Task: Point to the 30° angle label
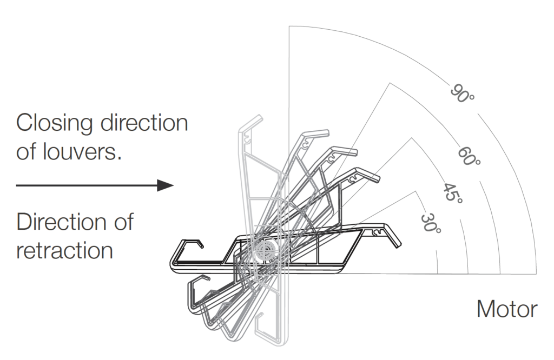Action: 431,223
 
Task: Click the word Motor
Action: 507,309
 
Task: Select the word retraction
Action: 64,250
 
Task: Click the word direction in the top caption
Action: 143,123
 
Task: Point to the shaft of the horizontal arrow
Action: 87,185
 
